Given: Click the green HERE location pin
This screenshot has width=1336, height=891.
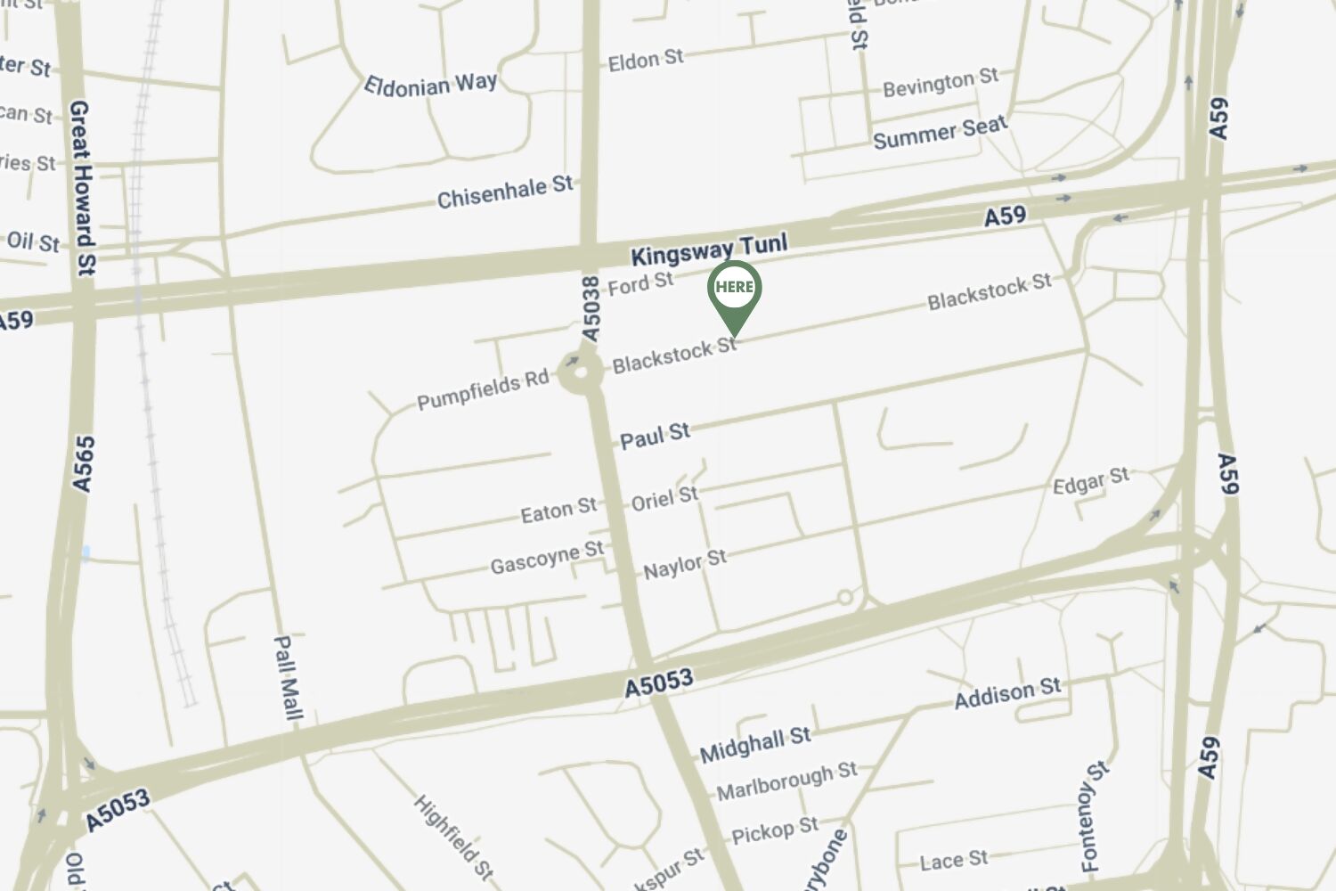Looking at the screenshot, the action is [734, 290].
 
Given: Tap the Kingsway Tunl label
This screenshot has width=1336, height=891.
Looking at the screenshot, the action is [709, 249].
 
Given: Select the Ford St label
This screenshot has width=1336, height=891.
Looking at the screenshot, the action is [640, 283].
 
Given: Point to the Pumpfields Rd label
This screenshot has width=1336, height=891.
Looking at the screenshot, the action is [483, 389].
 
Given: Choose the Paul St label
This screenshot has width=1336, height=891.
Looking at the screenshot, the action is [655, 436].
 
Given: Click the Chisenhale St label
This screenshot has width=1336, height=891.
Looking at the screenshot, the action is [504, 192].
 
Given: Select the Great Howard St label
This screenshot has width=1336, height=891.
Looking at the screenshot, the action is [81, 187].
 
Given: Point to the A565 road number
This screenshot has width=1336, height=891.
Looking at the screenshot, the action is [83, 463].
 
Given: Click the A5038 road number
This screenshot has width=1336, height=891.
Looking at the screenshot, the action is [591, 308].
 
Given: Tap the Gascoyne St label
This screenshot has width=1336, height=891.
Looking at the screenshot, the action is [546, 559].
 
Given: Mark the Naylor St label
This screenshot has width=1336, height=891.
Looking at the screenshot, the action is [685, 563].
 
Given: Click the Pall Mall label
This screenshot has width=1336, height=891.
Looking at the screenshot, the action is [287, 677].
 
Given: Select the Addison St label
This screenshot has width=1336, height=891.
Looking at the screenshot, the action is [1007, 692].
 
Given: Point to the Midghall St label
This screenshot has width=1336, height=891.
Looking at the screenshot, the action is [754, 744].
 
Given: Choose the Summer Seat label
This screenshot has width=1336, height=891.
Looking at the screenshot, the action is [940, 132].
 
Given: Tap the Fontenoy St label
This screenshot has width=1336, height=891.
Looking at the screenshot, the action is [1093, 816].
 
